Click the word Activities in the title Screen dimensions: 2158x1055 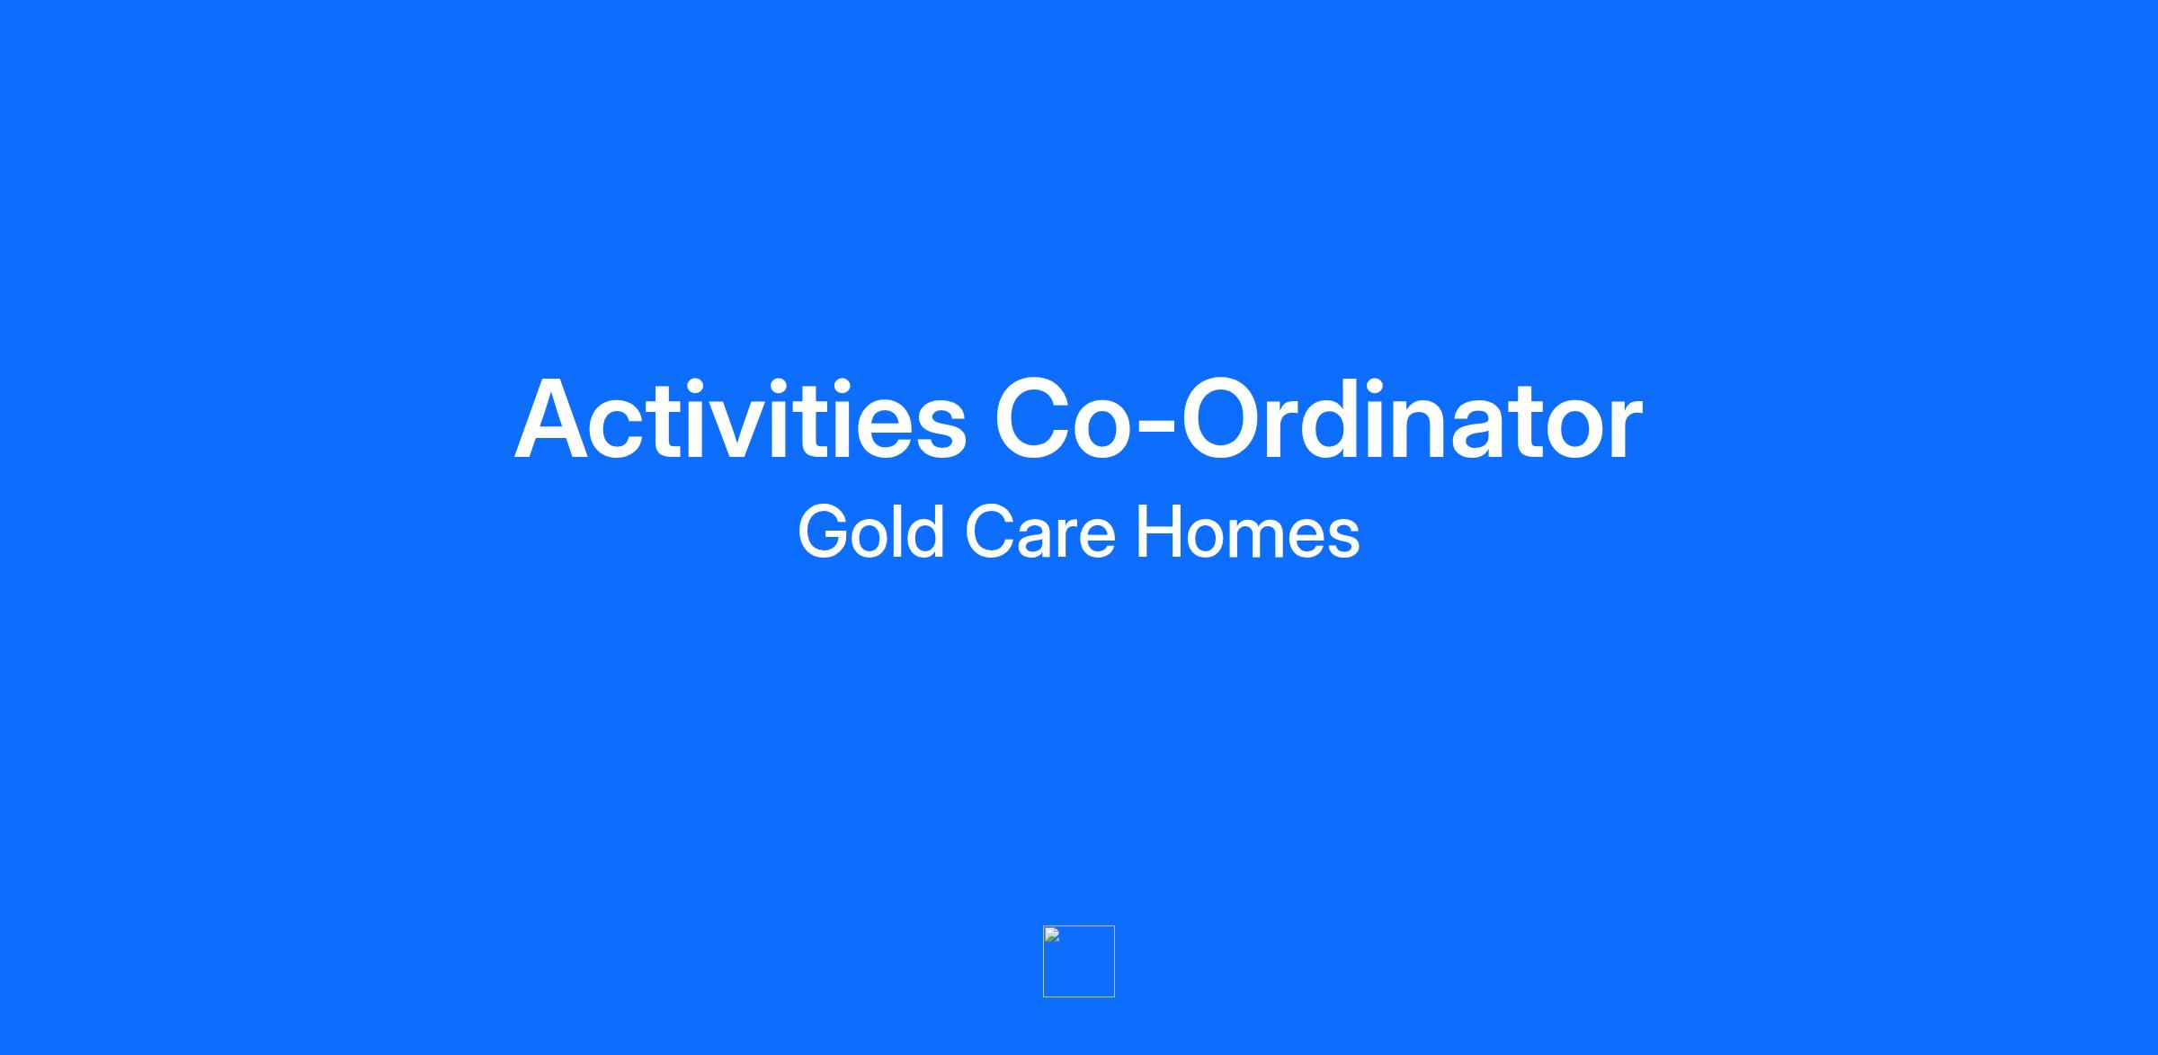[x=740, y=419]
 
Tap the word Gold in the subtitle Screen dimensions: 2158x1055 [x=870, y=532]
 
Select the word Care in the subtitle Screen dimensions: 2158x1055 [x=1040, y=532]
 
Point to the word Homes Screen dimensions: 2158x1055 [x=1248, y=532]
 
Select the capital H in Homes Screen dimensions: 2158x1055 [x=1161, y=532]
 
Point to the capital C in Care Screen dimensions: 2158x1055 [x=991, y=532]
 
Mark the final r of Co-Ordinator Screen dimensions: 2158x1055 [x=1624, y=428]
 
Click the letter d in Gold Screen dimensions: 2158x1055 [x=926, y=532]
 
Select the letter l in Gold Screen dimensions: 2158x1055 [x=899, y=532]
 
